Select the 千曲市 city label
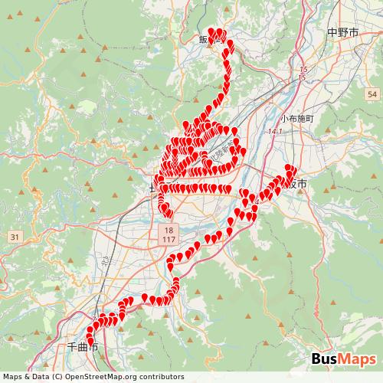point(83,347)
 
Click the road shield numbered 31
point(15,237)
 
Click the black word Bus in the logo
point(326,359)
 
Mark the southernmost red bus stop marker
point(90,342)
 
